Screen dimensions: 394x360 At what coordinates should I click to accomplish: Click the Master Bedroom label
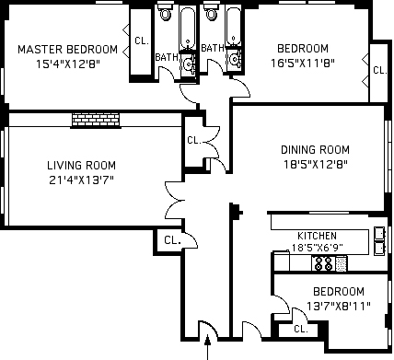tap(67, 49)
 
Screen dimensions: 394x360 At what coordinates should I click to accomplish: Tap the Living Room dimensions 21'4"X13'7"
tap(81, 180)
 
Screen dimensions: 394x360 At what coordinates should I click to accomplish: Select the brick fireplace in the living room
tap(96, 120)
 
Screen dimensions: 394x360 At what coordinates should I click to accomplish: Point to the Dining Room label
tap(315, 150)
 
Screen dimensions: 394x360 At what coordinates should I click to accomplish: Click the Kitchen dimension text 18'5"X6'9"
tap(316, 248)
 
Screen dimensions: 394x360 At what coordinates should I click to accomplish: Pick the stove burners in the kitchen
tap(324, 263)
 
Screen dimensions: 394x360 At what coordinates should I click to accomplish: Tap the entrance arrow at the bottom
tap(208, 347)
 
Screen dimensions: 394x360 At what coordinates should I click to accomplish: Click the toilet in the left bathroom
tap(166, 12)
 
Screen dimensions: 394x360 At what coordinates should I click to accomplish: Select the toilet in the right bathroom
tap(212, 12)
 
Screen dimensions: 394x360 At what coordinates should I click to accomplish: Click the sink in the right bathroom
tap(235, 59)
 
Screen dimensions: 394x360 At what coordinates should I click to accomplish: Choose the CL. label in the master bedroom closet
tap(142, 41)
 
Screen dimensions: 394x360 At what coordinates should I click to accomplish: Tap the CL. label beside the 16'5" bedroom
tap(380, 71)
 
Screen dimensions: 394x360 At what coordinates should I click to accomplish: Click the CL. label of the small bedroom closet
tap(301, 330)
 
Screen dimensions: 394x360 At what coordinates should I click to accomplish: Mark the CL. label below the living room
tap(172, 240)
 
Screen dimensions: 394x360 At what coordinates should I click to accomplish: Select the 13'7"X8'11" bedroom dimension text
tap(339, 307)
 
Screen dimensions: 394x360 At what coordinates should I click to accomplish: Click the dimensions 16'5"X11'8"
tap(303, 64)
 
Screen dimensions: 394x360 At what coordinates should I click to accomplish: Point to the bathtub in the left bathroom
tap(188, 27)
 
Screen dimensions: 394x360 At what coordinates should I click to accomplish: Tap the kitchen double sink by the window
tap(379, 241)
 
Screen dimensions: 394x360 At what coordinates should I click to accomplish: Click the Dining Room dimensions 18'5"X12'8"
tap(315, 165)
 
